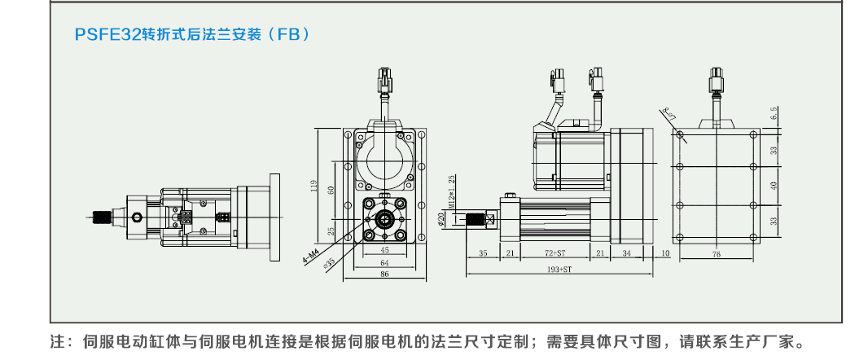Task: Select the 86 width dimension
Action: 385,274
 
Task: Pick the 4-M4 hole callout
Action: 312,259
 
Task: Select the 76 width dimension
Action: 717,254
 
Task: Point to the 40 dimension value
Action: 774,185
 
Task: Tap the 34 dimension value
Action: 626,254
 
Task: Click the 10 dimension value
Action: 665,254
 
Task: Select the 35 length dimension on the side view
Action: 483,254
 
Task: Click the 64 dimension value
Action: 385,262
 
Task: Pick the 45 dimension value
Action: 385,251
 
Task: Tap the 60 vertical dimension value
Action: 331,190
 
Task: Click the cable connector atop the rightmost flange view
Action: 717,81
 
